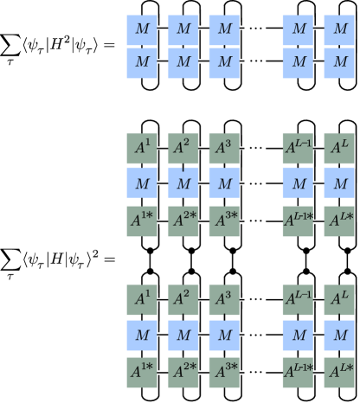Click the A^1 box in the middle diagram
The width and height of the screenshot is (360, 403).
click(x=142, y=149)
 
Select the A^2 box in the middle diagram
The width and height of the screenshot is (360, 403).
click(x=183, y=149)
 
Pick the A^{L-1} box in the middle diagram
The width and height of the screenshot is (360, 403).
click(x=298, y=149)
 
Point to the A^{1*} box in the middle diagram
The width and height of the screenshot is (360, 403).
click(x=142, y=221)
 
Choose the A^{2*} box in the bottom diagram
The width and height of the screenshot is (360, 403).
click(x=183, y=372)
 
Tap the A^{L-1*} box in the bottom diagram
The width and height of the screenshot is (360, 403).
click(x=298, y=372)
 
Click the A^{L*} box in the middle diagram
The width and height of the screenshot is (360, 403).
click(x=339, y=221)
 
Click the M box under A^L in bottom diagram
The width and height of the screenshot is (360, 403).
click(x=339, y=336)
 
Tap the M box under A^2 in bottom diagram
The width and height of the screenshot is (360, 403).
click(x=183, y=336)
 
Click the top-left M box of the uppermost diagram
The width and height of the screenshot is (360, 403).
click(x=142, y=29)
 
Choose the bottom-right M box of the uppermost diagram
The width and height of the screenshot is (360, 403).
click(x=339, y=62)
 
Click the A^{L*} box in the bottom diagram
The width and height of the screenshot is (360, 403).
click(x=339, y=372)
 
